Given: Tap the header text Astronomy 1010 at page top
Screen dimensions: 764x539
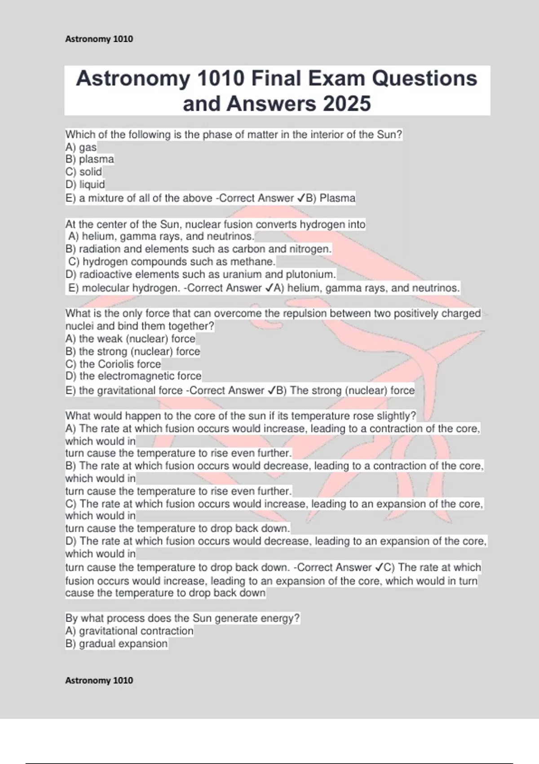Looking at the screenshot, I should [99, 39].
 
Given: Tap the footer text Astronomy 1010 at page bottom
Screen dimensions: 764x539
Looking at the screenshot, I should [99, 680].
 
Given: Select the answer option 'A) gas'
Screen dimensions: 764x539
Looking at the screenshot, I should [81, 147].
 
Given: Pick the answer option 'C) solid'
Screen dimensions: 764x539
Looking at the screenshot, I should [84, 172].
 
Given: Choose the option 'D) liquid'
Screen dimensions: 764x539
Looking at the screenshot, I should [85, 184].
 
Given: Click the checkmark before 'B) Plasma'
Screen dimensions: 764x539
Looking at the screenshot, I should [301, 198].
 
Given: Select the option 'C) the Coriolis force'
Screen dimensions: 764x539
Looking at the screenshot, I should [113, 364].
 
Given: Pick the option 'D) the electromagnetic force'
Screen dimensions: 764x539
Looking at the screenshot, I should [133, 376].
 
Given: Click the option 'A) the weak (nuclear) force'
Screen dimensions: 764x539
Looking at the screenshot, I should [130, 338].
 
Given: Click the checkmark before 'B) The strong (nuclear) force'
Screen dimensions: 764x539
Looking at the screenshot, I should [271, 391].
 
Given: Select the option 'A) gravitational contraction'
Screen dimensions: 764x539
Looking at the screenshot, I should [129, 631].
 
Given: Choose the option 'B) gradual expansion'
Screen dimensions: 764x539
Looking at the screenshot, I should [116, 644].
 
